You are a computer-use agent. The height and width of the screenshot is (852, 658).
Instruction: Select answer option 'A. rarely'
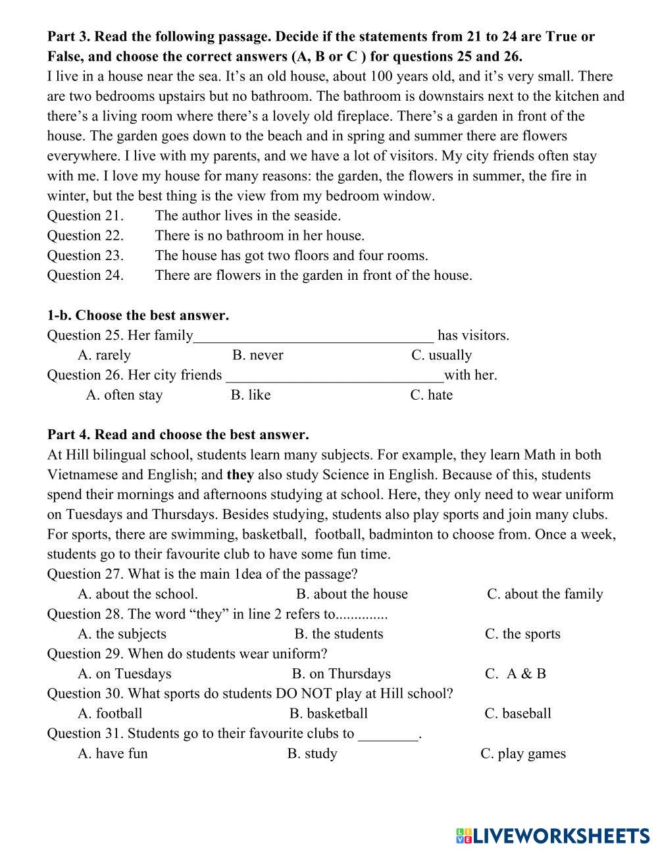pyautogui.click(x=104, y=356)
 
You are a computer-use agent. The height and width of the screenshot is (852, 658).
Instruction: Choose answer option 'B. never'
pyautogui.click(x=257, y=356)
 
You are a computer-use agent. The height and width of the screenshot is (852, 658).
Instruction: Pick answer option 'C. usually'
pyautogui.click(x=442, y=356)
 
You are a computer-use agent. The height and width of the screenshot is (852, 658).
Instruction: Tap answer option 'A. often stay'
pyautogui.click(x=124, y=395)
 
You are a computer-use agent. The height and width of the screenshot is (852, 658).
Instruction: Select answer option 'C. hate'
pyautogui.click(x=431, y=395)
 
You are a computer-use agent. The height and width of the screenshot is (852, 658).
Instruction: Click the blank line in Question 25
pyautogui.click(x=314, y=338)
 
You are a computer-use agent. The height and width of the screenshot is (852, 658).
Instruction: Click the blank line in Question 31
pyautogui.click(x=388, y=736)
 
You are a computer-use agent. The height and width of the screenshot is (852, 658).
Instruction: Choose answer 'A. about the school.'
pyautogui.click(x=138, y=595)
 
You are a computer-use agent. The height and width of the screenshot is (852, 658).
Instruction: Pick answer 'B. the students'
pyautogui.click(x=339, y=634)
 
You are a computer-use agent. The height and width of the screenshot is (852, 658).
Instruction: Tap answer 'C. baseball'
pyautogui.click(x=518, y=714)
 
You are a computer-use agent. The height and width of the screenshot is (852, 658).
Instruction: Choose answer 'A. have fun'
pyautogui.click(x=113, y=754)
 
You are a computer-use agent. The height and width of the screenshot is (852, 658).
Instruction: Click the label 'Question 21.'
pyautogui.click(x=85, y=216)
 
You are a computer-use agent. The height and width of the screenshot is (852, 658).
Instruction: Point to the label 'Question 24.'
pyautogui.click(x=85, y=275)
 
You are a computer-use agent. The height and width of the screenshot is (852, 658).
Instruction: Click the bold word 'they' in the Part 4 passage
pyautogui.click(x=240, y=475)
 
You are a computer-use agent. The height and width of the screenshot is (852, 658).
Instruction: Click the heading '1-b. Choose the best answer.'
pyautogui.click(x=138, y=315)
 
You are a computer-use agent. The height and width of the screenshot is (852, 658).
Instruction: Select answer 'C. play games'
pyautogui.click(x=523, y=754)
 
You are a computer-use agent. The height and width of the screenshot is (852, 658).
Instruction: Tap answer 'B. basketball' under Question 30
pyautogui.click(x=328, y=714)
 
